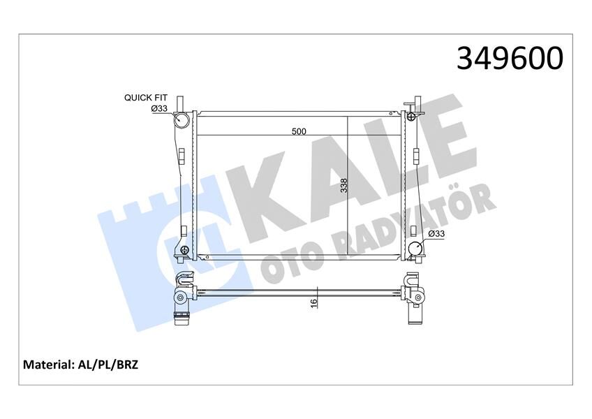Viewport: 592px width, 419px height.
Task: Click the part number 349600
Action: [x=509, y=59]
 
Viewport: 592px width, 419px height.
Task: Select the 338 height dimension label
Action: [x=342, y=185]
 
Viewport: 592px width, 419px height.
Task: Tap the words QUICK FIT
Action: [x=145, y=98]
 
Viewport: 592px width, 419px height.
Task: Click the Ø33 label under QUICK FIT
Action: [x=159, y=108]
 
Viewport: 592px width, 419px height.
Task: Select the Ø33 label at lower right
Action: [x=436, y=234]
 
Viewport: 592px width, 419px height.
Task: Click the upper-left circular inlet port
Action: [x=183, y=119]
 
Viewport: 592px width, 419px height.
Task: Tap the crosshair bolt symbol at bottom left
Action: [x=184, y=250]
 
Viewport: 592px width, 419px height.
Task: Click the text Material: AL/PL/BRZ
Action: [x=81, y=365]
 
